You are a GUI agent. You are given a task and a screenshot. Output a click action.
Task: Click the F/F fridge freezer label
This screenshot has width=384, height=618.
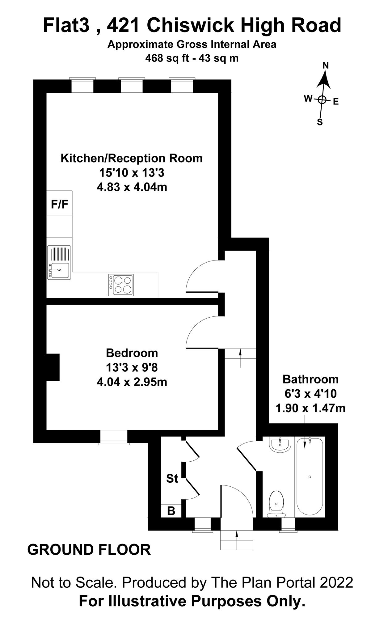tap(59, 204)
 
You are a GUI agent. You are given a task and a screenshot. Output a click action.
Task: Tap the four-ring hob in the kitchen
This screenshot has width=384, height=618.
tap(121, 285)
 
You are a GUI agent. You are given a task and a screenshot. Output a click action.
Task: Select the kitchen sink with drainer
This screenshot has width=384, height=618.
tap(59, 262)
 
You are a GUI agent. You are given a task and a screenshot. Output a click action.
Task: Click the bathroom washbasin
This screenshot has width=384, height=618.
tap(280, 445)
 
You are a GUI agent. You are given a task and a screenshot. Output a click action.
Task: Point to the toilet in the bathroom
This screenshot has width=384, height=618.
tap(276, 504)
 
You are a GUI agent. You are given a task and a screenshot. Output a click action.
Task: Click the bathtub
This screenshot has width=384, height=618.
tap(310, 477)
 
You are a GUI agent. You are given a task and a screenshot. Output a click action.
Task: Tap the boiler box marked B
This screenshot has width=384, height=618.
tap(171, 511)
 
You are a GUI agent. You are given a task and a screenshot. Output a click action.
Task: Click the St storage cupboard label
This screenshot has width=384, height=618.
tap(172, 478)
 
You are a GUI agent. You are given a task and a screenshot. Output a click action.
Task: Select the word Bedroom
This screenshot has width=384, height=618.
tap(132, 353)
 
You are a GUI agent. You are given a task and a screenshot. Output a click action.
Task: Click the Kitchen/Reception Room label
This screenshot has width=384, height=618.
tap(132, 158)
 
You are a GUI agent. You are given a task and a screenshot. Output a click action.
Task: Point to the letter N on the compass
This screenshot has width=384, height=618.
tap(326, 66)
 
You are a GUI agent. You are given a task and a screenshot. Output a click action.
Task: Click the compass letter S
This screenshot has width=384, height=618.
tap(320, 122)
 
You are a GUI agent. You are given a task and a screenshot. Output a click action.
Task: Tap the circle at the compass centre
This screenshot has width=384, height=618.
tap(322, 99)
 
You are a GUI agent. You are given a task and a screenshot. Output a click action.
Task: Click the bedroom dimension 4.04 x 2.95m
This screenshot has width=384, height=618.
tap(132, 382)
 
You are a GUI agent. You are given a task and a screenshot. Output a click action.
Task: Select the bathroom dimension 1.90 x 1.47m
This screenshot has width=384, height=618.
tap(310, 408)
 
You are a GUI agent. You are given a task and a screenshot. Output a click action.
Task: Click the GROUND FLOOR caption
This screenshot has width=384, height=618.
tap(89, 550)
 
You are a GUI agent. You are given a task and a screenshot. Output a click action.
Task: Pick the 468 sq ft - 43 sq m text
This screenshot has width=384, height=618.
tap(192, 58)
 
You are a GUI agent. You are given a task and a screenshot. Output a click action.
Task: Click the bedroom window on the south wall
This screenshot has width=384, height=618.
tap(114, 437)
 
